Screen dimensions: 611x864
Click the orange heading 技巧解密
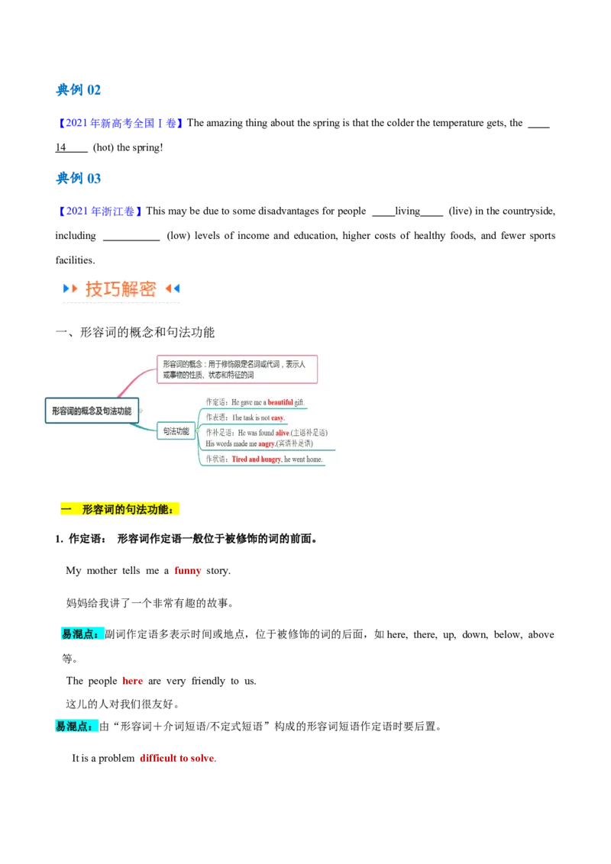(121, 289)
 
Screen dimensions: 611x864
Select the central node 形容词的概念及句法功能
(92, 411)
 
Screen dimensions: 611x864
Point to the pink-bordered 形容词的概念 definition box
(237, 369)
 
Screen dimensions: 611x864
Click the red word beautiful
(280, 402)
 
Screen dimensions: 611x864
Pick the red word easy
(277, 418)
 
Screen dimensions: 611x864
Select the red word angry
(267, 443)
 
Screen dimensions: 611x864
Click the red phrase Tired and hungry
(257, 459)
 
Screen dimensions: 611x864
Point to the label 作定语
(217, 402)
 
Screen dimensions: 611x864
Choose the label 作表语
(217, 418)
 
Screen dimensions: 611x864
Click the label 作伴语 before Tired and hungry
(217, 459)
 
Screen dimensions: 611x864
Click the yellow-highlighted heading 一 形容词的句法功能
(119, 509)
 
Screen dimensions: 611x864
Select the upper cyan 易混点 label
(81, 633)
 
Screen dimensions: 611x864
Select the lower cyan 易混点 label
(76, 726)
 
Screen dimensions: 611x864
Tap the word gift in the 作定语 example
(299, 402)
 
